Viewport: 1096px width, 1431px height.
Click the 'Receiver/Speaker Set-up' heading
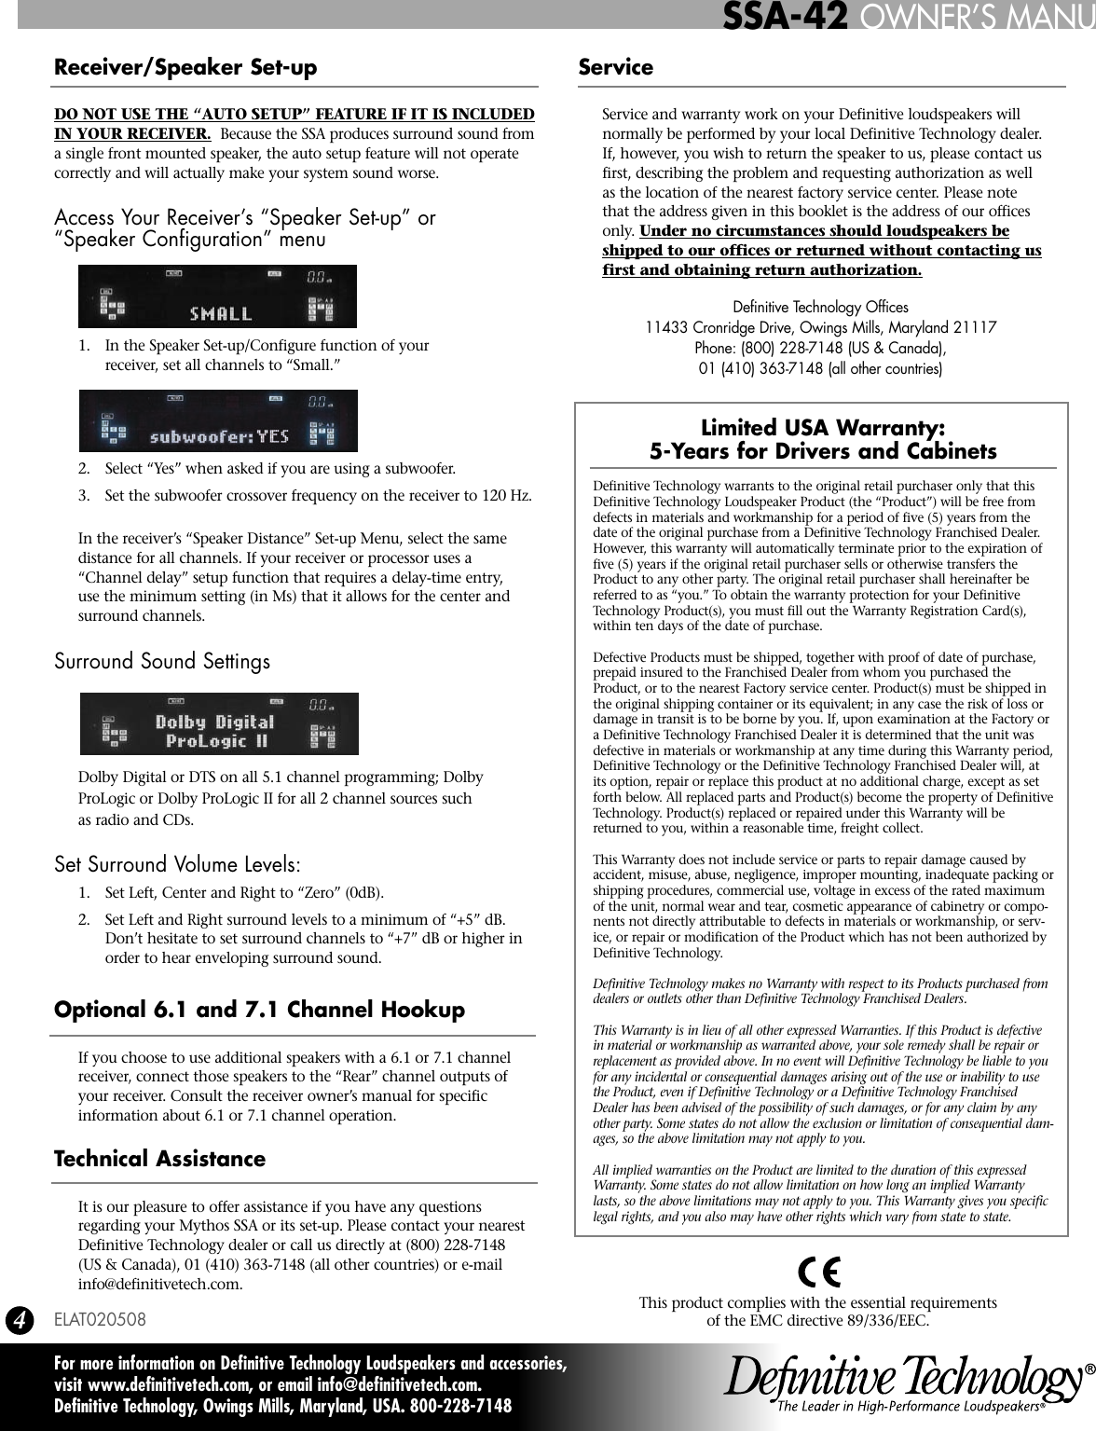click(185, 68)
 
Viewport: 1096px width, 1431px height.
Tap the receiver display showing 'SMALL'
click(217, 296)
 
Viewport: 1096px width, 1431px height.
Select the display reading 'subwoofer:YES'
click(217, 420)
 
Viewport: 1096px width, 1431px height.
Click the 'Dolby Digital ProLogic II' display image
click(218, 723)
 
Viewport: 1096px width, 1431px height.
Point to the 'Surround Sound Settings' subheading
click(162, 662)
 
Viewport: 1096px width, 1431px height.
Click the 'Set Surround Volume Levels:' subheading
click(177, 864)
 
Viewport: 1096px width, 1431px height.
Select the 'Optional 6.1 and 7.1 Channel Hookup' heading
click(259, 1011)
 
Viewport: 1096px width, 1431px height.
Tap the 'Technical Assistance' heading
click(159, 1160)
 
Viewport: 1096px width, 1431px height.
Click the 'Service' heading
click(615, 68)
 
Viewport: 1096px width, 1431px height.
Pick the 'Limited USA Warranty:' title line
click(822, 429)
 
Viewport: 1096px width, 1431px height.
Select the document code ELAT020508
click(100, 1320)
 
